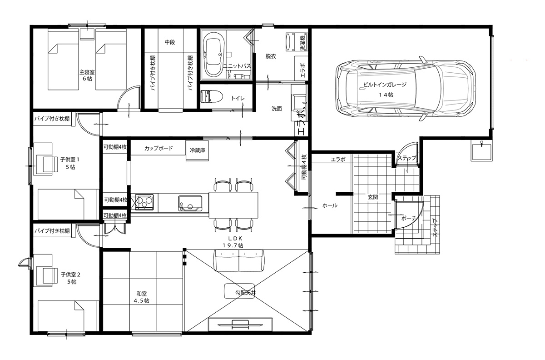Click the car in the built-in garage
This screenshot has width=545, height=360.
(405, 89)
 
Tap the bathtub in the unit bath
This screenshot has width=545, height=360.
(213, 55)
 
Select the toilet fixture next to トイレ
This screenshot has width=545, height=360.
(211, 96)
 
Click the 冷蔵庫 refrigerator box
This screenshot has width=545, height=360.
(197, 150)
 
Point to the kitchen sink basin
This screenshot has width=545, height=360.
(190, 203)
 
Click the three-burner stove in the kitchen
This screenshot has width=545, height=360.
(144, 202)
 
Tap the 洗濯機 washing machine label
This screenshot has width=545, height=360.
(303, 43)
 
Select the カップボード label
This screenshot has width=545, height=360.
(159, 148)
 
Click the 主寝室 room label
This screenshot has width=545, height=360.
(87, 72)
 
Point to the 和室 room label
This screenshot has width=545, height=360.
(141, 294)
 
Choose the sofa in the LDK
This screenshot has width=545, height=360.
(239, 260)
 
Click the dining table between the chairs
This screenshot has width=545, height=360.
(233, 205)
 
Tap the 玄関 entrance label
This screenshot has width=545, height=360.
(373, 197)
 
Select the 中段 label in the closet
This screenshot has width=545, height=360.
(169, 42)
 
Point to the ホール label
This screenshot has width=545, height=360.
(330, 205)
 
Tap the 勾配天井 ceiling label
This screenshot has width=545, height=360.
(246, 292)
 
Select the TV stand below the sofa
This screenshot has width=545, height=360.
(240, 325)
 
